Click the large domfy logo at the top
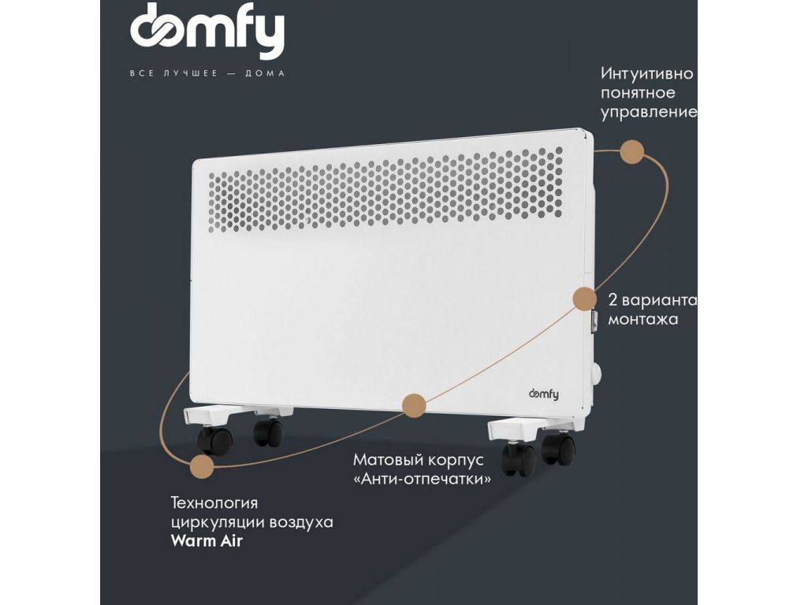click(x=207, y=32)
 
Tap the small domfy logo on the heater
click(x=544, y=394)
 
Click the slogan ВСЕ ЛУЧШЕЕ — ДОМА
click(x=207, y=73)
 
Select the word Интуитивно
click(x=646, y=74)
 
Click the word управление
click(x=649, y=113)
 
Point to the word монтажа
click(x=643, y=319)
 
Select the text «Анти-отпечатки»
click(x=423, y=479)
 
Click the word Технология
click(x=214, y=503)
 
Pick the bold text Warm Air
click(x=207, y=540)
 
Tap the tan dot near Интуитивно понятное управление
click(x=631, y=152)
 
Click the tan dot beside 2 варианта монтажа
click(x=584, y=299)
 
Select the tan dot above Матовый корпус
click(x=414, y=406)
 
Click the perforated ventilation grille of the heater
click(x=385, y=190)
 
